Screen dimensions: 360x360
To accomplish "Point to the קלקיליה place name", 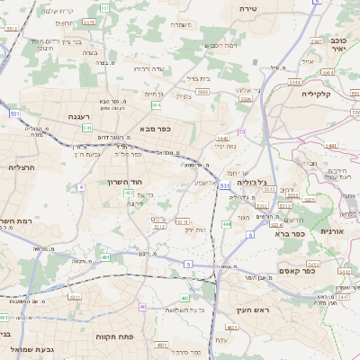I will (317, 94).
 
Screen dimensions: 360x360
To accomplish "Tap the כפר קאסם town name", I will (321, 270).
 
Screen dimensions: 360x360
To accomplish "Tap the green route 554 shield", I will (156, 105).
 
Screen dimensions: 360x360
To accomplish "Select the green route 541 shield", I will (87, 128).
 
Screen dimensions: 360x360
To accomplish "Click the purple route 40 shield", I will (143, 307).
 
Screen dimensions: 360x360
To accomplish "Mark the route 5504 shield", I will (245, 100).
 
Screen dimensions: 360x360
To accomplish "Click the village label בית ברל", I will (197, 79).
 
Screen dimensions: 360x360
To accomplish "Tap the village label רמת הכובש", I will (220, 44).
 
